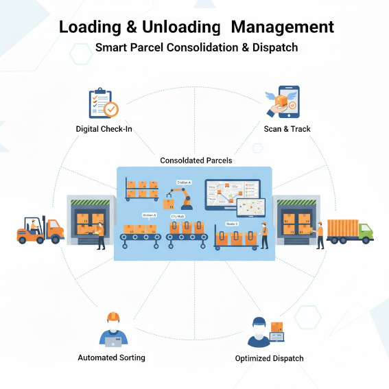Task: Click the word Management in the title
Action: coord(283,27)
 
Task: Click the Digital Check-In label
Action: coord(104,129)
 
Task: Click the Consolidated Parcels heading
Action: coord(196,161)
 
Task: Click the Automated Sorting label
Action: coord(111,357)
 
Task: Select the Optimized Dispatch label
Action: coord(269,358)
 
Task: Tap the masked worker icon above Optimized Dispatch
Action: coord(259,333)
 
